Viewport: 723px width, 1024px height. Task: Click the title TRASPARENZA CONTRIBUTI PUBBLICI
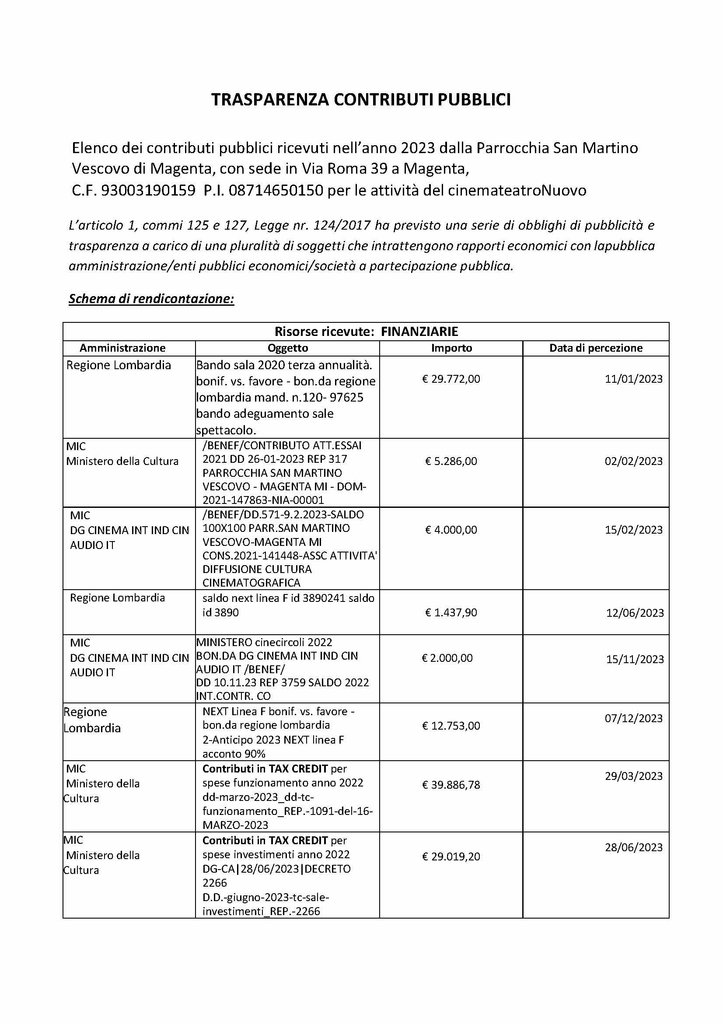[361, 100]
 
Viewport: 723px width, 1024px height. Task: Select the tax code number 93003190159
[148, 190]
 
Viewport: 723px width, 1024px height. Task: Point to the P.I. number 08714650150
[276, 190]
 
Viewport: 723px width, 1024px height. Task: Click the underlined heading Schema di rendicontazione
[151, 299]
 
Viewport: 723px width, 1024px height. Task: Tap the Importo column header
[451, 348]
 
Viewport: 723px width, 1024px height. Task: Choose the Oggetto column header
[288, 348]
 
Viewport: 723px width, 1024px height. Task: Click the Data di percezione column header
[596, 348]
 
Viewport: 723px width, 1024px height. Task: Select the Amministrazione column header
[122, 348]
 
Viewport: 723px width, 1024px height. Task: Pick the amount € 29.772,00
[451, 379]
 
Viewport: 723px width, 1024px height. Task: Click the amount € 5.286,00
[451, 461]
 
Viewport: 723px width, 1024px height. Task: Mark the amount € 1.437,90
[451, 612]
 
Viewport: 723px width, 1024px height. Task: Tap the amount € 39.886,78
[451, 785]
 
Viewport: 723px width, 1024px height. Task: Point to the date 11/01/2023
[633, 379]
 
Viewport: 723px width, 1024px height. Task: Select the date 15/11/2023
[635, 659]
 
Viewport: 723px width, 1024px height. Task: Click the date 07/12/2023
[633, 719]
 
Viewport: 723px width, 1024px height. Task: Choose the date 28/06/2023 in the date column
[633, 847]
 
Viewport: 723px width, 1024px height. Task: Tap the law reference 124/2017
[342, 225]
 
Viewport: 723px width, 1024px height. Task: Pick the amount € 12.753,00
[451, 726]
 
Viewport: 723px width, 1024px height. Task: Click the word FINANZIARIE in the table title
[419, 332]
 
